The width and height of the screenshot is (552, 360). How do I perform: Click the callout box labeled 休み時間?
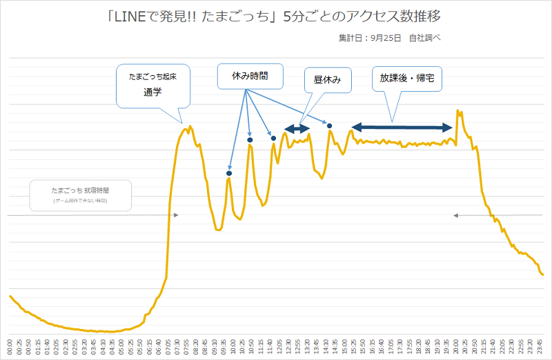click(250, 77)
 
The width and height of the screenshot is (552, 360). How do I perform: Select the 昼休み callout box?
click(328, 80)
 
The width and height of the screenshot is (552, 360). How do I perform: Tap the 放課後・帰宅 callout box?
click(406, 79)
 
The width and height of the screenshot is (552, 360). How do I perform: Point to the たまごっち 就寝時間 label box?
click(80, 194)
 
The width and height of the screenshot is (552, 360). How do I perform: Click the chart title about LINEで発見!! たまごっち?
click(275, 15)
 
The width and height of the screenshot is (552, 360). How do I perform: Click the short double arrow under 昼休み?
click(297, 128)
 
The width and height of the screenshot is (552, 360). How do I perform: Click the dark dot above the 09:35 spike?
click(229, 173)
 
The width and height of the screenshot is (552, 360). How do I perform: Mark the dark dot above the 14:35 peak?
click(330, 126)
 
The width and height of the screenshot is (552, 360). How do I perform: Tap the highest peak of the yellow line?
click(457, 110)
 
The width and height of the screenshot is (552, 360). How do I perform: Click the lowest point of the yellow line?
click(103, 332)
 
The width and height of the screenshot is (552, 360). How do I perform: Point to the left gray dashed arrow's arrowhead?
click(177, 216)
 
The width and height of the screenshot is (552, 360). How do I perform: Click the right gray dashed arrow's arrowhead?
click(455, 216)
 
